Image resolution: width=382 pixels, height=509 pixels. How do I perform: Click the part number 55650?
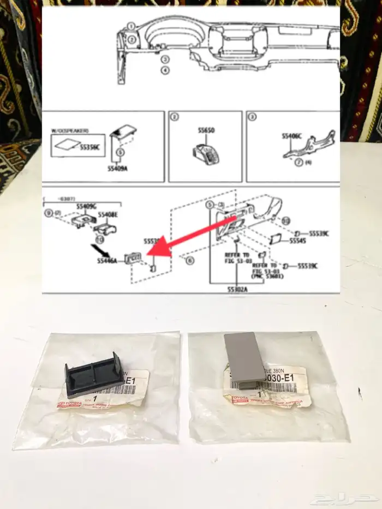point(206,131)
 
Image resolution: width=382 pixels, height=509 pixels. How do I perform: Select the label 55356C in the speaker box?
point(91,147)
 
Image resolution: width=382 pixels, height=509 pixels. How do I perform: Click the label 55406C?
point(291,135)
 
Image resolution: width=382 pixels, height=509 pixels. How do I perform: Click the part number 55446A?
point(108,261)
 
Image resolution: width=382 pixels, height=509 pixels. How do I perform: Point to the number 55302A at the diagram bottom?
point(238,289)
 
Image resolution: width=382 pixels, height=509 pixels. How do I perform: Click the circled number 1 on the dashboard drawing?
point(132,26)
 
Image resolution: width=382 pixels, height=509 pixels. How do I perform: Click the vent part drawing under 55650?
point(206,153)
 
